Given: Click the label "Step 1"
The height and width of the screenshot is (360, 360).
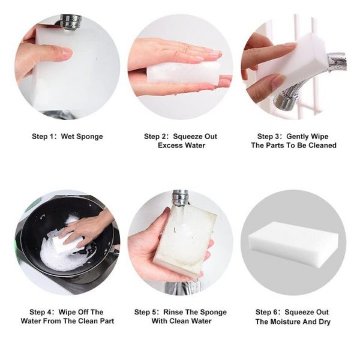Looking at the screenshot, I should (x=44, y=137).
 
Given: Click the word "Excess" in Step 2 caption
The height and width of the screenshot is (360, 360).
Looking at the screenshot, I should (x=170, y=145).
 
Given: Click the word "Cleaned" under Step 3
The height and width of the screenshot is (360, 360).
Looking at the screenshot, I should (x=322, y=145).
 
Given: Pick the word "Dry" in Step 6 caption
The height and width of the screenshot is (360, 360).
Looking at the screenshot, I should (x=324, y=322).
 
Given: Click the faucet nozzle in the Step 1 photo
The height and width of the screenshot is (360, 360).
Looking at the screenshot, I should (x=70, y=22).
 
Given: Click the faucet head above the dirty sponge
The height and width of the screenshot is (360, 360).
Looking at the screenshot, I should (x=181, y=198).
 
